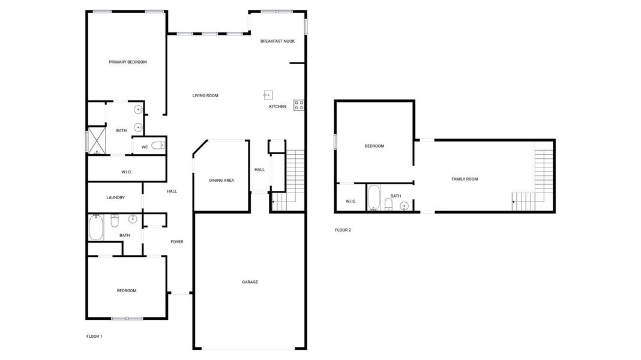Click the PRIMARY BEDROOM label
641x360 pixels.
(127, 62)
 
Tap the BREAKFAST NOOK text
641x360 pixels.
(277, 41)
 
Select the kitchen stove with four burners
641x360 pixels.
(298, 104)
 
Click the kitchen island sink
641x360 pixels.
(268, 94)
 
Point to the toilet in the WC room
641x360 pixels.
(157, 146)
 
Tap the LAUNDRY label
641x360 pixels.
(115, 197)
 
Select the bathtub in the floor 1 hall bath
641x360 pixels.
(96, 228)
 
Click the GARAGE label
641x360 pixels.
(250, 281)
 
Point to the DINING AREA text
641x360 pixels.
(221, 180)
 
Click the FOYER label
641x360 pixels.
(177, 242)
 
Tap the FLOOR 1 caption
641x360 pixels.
(94, 337)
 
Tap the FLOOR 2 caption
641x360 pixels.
(343, 230)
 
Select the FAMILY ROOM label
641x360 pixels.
(465, 179)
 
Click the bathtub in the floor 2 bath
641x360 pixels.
(373, 198)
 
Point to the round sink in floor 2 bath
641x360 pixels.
(405, 206)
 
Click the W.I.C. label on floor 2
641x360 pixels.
(351, 201)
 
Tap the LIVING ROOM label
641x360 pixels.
(205, 95)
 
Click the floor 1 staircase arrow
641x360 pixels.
(272, 202)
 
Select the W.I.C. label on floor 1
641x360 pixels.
(127, 172)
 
